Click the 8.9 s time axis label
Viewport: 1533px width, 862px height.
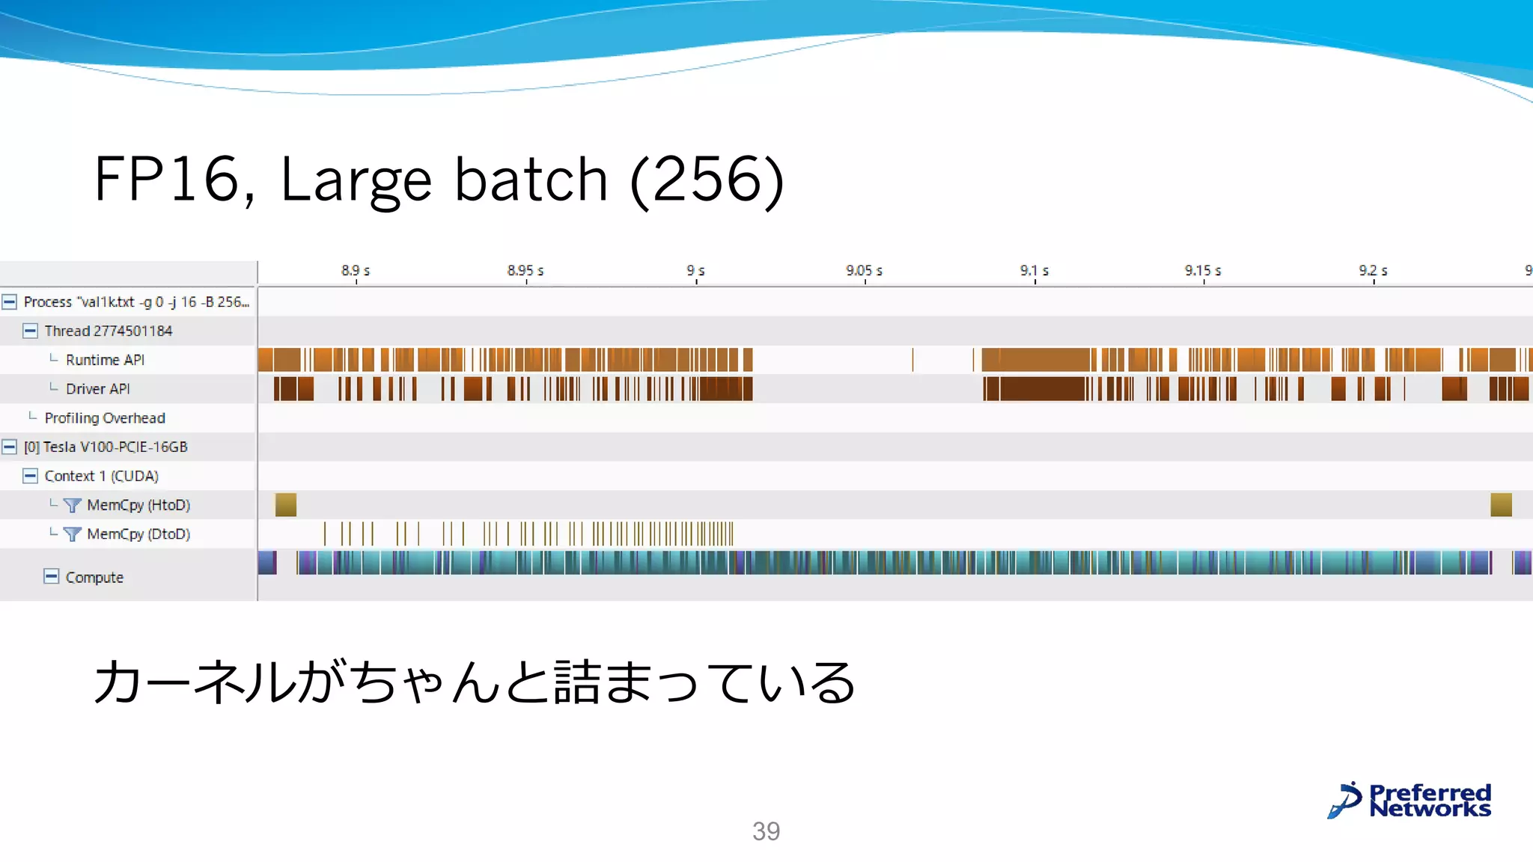[x=356, y=270]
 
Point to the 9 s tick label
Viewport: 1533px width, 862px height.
[x=695, y=270]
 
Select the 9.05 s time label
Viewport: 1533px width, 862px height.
[x=864, y=270]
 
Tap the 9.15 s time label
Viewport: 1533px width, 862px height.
[x=1202, y=270]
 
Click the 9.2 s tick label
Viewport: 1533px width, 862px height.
[x=1373, y=270]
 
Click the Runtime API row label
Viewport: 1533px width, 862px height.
[x=105, y=360]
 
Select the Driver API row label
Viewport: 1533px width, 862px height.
[x=97, y=389]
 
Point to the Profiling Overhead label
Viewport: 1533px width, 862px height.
[x=105, y=418]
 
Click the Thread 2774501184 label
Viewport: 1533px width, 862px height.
[x=108, y=331]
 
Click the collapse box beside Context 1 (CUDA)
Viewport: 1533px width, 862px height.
[x=30, y=476]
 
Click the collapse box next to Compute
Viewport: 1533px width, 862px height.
[x=51, y=576]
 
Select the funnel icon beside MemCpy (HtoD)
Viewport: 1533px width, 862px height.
[x=72, y=505]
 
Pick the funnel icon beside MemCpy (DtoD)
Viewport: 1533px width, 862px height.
[x=72, y=534]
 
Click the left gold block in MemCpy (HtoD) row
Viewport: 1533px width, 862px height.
[x=286, y=505]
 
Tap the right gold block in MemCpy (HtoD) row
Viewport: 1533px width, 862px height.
[x=1501, y=505]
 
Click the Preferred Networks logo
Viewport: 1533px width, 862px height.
[x=1409, y=801]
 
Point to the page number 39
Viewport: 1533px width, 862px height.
[x=766, y=831]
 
